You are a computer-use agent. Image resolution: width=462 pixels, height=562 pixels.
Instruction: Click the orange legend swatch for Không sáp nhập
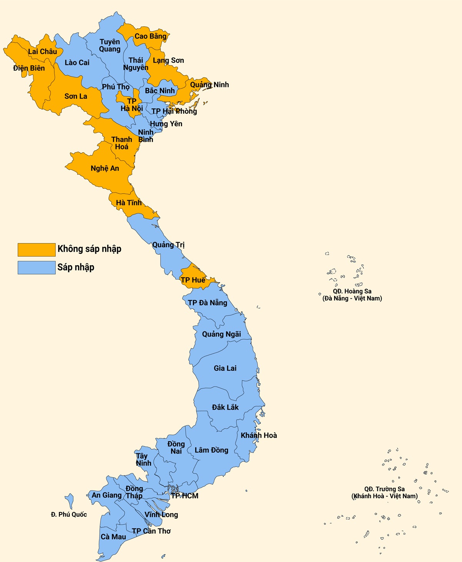pyautogui.click(x=37, y=249)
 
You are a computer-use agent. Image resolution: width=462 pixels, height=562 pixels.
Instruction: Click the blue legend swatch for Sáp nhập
pyautogui.click(x=37, y=268)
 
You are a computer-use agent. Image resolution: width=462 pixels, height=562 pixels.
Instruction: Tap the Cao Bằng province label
pyautogui.click(x=151, y=36)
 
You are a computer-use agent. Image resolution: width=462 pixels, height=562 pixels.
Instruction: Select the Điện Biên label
pyautogui.click(x=29, y=68)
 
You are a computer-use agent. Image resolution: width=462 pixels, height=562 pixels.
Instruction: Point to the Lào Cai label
pyautogui.click(x=77, y=62)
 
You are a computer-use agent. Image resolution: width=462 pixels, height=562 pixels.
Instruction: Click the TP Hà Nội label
pyautogui.click(x=132, y=105)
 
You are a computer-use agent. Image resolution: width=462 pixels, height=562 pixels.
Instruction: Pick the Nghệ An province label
pyautogui.click(x=105, y=168)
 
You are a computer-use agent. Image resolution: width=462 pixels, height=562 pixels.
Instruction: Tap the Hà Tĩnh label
pyautogui.click(x=129, y=202)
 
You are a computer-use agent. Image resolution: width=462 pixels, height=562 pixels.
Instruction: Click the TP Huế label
pyautogui.click(x=193, y=280)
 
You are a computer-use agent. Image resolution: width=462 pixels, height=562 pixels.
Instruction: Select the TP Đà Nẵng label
pyautogui.click(x=208, y=303)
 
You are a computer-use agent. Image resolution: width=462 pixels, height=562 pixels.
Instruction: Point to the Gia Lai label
pyautogui.click(x=225, y=368)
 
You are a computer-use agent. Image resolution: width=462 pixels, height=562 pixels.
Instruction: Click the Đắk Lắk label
pyautogui.click(x=225, y=407)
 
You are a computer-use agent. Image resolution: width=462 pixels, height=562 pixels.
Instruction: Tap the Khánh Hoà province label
pyautogui.click(x=259, y=435)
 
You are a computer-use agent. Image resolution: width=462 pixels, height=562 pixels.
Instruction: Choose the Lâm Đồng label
pyautogui.click(x=211, y=450)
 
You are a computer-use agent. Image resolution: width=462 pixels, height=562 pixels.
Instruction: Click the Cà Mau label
pyautogui.click(x=113, y=537)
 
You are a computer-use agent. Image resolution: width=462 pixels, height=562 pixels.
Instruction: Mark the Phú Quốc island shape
pyautogui.click(x=70, y=501)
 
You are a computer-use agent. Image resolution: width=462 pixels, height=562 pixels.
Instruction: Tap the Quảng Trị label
pyautogui.click(x=168, y=244)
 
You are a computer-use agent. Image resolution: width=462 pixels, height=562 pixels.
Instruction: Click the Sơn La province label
pyautogui.click(x=76, y=96)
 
